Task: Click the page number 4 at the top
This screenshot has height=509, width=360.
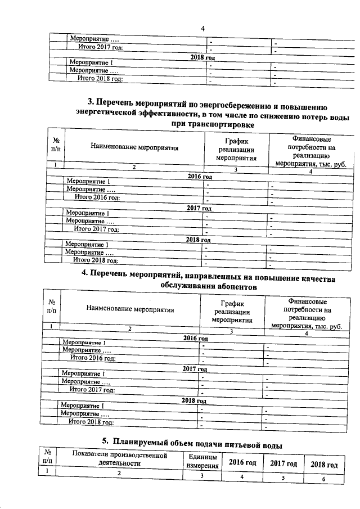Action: coord(202,29)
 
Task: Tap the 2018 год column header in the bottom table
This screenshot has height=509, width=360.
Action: coord(324,464)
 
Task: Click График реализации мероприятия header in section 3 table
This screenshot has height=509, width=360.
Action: coord(236,150)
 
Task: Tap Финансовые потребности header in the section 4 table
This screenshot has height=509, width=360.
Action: coord(307,316)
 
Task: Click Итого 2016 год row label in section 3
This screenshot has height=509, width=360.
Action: coord(98,197)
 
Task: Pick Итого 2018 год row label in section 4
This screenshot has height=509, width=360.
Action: coord(91,422)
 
